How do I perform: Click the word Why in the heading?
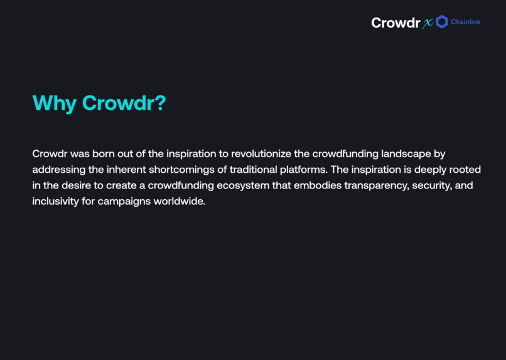[55, 103]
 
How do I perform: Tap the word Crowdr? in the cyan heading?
[124, 103]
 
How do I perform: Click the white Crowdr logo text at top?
[396, 23]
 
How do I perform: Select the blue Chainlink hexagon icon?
[442, 22]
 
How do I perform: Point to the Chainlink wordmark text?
[466, 22]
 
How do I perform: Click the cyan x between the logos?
[428, 24]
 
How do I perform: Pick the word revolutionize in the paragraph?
[261, 154]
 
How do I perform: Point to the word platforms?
[306, 170]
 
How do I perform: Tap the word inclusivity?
[55, 202]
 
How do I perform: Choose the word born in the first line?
[104, 154]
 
